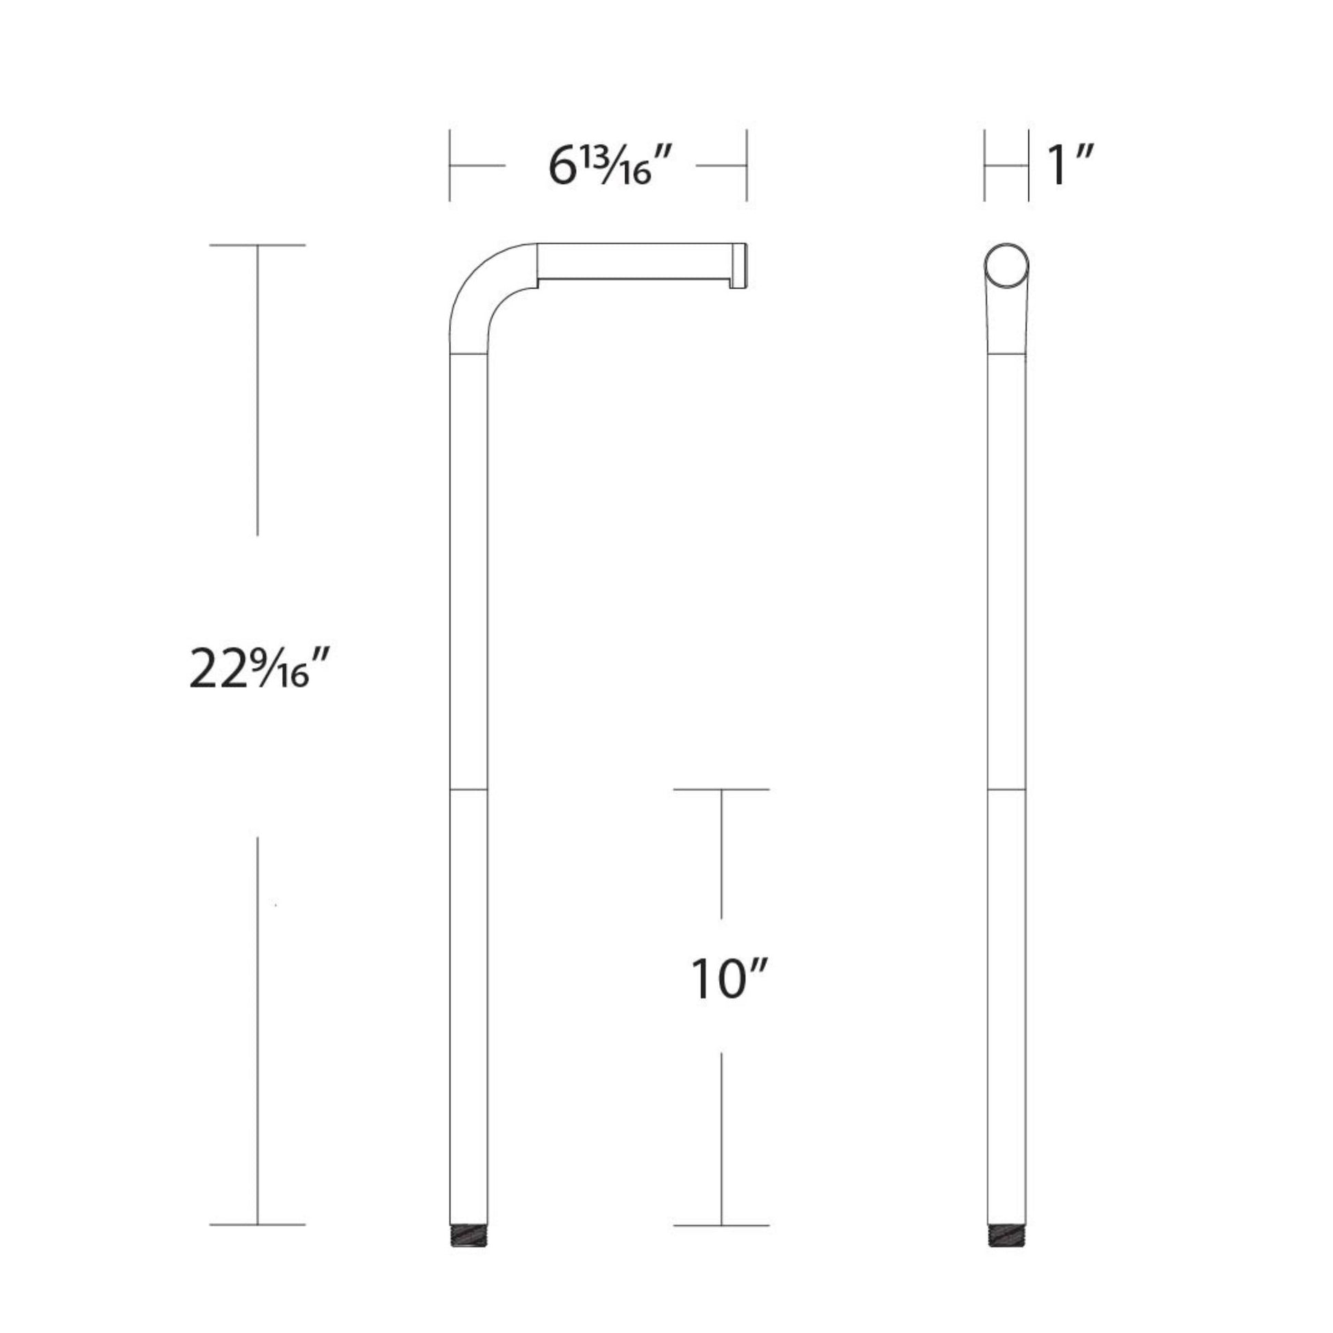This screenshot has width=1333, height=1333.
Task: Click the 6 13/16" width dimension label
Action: coord(610,166)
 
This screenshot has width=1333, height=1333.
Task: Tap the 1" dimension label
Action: coord(1070,166)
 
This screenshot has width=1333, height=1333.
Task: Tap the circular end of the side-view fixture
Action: coord(1007,266)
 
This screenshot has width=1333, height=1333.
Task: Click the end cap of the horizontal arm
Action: coord(739,266)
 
